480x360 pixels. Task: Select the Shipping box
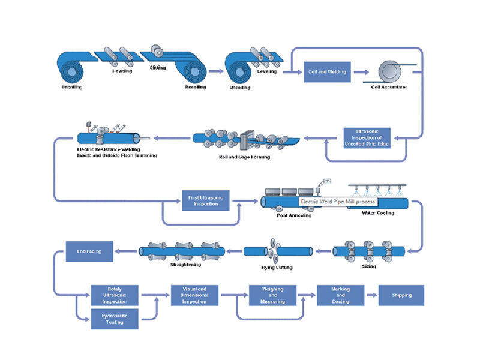(401, 296)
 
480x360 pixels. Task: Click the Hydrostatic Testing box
(115, 319)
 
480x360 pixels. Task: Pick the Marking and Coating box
(340, 296)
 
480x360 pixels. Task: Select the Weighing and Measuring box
(273, 296)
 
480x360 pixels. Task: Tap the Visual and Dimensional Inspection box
(194, 296)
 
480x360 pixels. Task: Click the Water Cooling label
(379, 212)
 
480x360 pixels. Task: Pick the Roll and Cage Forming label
(245, 157)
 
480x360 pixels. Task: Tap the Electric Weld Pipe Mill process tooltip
(338, 202)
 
